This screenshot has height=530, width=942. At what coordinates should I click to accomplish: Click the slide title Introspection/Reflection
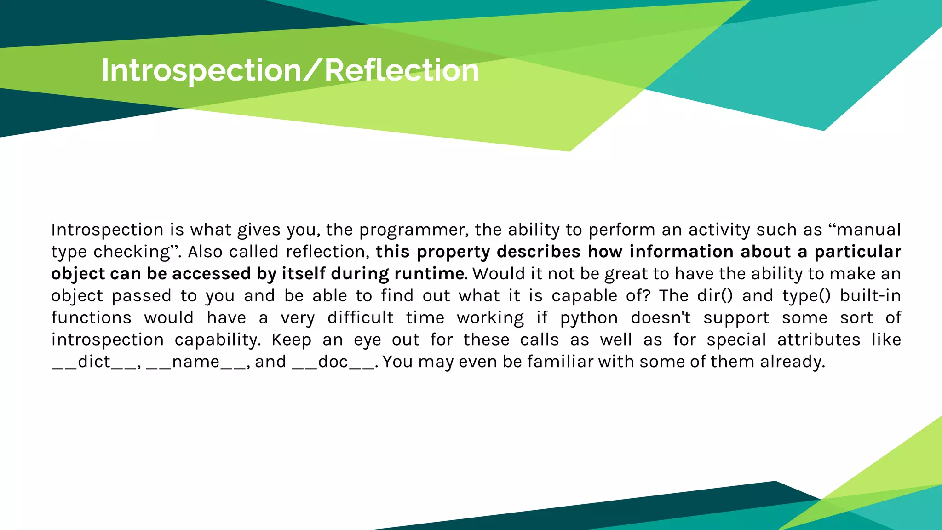tap(290, 70)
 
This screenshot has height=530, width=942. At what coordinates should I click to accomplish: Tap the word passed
tap(142, 296)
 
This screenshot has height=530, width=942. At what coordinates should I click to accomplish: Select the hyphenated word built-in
tap(870, 296)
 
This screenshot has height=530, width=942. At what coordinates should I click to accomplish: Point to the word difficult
tap(361, 318)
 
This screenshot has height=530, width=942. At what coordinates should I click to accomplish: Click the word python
tap(589, 318)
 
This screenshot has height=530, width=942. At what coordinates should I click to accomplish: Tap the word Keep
tap(292, 340)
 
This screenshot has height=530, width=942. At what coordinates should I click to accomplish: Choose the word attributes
tap(819, 340)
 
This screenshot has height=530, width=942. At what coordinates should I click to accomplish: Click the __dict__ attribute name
tap(94, 362)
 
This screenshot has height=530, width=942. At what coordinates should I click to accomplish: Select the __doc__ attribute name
tap(333, 362)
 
